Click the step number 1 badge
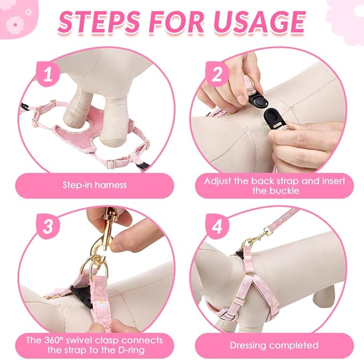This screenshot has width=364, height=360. click(48, 74)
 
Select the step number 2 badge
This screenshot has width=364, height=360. click(217, 74)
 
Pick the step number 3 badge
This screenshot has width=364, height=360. click(48, 226)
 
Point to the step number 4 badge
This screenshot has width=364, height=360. click(217, 226)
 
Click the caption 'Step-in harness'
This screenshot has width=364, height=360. click(95, 185)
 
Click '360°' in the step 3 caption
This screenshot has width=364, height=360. click(54, 340)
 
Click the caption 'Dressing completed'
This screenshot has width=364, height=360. click(274, 346)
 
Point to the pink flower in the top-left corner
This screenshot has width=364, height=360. click(15, 25)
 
